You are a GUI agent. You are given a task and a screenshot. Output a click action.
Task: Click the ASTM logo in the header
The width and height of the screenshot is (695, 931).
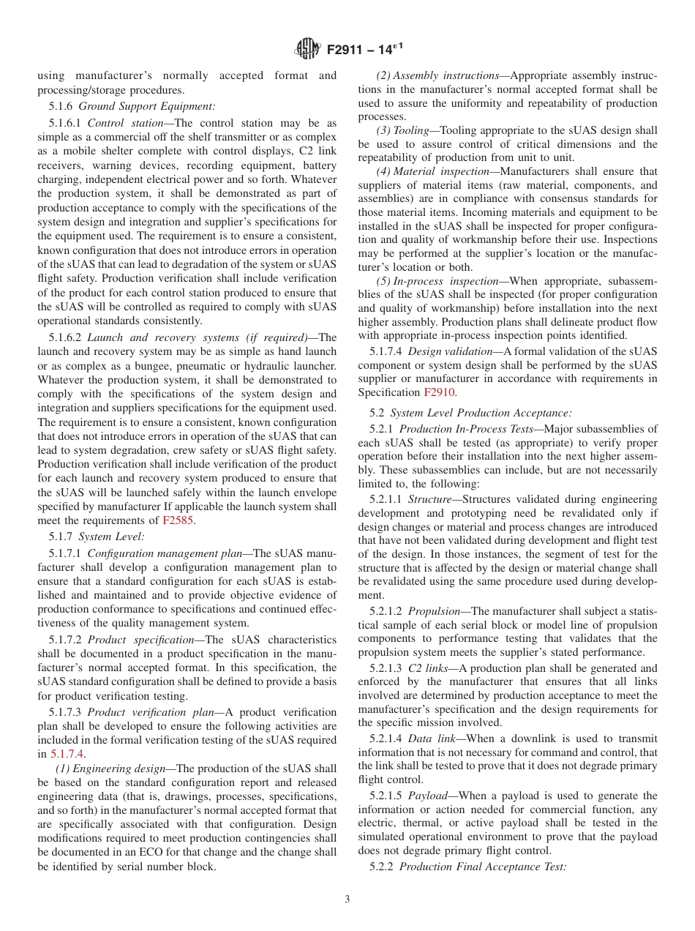307,50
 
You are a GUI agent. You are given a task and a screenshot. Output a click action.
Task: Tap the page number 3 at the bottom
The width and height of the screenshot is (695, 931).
347,899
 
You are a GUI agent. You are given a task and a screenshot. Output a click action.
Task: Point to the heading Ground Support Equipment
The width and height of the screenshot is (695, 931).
147,106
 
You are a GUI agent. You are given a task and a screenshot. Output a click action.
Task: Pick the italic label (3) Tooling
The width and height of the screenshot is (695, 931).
402,130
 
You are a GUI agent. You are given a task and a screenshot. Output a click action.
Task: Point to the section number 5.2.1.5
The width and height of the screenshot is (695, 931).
386,796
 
